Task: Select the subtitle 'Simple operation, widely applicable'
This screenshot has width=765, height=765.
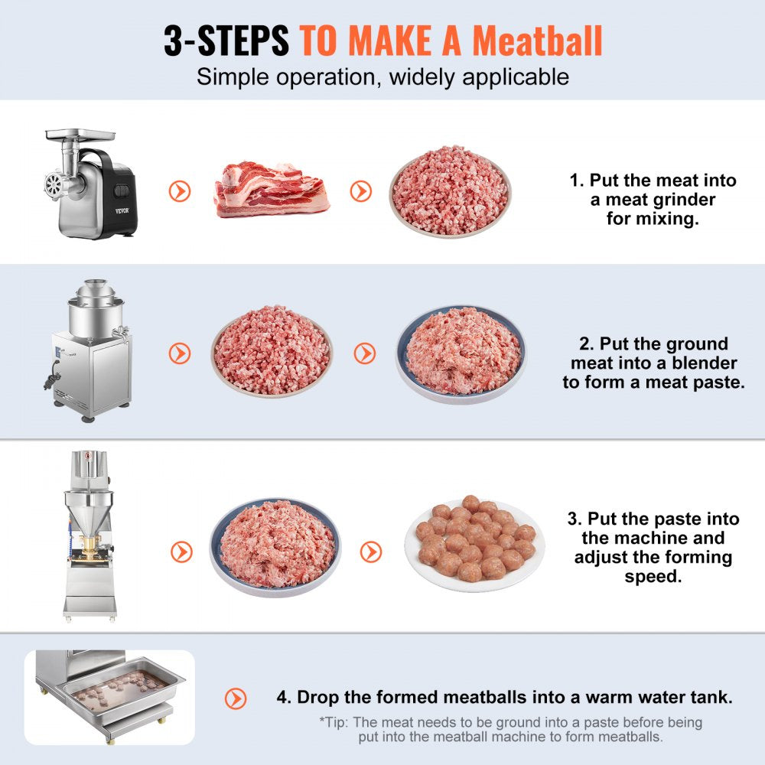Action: coord(382,76)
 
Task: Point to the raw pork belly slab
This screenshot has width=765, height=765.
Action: coord(272,189)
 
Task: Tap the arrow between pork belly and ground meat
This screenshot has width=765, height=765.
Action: coord(361,191)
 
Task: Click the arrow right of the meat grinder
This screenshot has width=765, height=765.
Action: coord(180,191)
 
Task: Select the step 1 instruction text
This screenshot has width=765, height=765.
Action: coord(653,200)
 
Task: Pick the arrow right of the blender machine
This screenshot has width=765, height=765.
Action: coord(180,353)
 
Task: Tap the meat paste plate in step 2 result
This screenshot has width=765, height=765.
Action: coord(461,354)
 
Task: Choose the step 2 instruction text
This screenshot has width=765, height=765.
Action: coord(653,363)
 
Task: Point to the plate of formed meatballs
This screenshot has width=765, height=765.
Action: coord(474,542)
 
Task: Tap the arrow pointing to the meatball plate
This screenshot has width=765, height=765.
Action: coord(371,551)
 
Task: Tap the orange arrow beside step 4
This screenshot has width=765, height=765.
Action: coord(236,698)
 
